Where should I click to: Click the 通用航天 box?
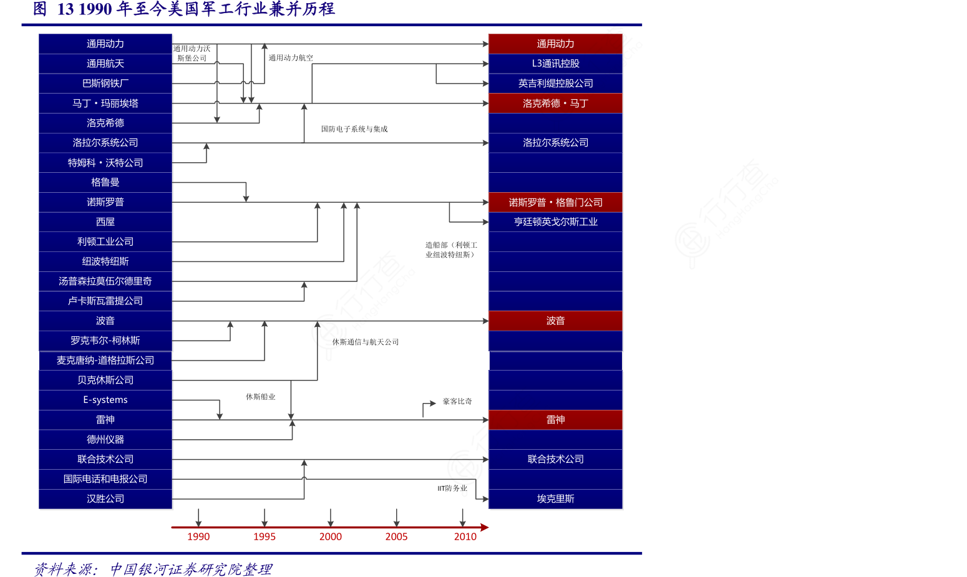click(105, 64)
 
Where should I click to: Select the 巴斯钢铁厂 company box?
click(105, 84)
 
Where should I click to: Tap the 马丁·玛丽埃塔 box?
click(105, 104)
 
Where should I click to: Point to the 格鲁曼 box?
click(105, 182)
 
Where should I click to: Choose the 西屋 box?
click(105, 222)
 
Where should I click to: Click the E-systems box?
click(105, 400)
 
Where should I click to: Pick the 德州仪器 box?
click(105, 440)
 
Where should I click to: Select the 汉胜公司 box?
click(105, 499)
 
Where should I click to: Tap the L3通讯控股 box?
click(555, 64)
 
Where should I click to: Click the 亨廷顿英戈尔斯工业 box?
click(555, 222)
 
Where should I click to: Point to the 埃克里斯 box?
click(555, 499)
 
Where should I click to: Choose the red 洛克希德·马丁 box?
click(555, 104)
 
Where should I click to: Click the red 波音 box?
click(555, 321)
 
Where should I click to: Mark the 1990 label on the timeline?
click(198, 536)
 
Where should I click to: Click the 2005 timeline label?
click(396, 536)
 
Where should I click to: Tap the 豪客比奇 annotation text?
click(457, 402)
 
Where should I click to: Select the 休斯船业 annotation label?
click(260, 397)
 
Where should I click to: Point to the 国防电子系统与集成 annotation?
click(354, 129)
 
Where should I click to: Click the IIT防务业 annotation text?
click(452, 488)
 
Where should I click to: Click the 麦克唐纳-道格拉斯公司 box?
click(105, 361)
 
